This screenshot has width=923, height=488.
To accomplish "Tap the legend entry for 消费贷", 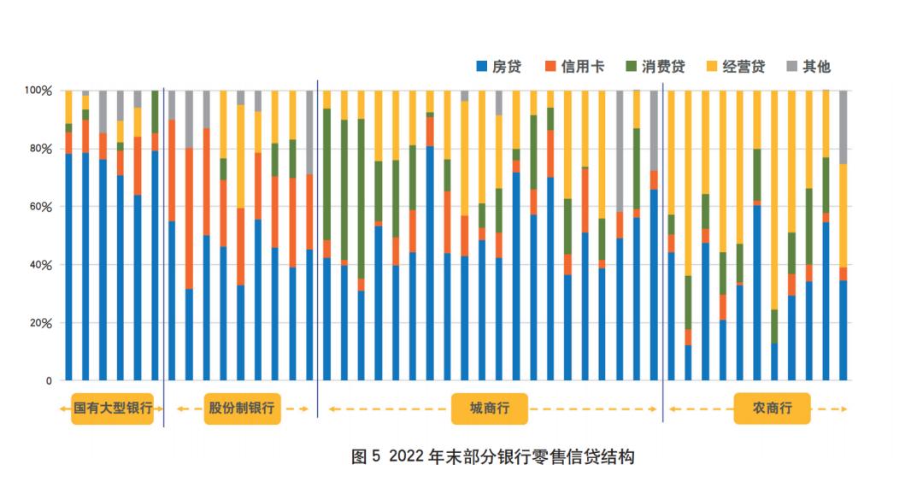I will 657,67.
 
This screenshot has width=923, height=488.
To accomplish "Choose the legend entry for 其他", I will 808,67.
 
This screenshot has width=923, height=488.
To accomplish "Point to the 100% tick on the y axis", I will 38,90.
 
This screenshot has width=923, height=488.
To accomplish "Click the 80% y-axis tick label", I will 40,149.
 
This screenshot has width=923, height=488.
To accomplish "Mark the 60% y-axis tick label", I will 40,207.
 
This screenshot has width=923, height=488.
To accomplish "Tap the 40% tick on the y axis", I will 40,265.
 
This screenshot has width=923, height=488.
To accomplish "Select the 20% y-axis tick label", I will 40,323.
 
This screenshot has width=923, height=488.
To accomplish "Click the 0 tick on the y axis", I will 50,381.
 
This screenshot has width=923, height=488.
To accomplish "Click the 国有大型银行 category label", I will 112,409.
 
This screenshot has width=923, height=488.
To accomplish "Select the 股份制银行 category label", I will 242,409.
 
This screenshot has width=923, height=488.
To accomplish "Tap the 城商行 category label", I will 489,409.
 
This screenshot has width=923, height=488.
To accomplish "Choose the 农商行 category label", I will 772,409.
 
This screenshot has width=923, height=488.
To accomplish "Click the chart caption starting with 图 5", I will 493,456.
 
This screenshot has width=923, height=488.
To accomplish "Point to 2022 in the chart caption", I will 407,456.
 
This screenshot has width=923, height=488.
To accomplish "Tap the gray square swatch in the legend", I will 791,67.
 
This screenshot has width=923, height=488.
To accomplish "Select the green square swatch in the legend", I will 632,67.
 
